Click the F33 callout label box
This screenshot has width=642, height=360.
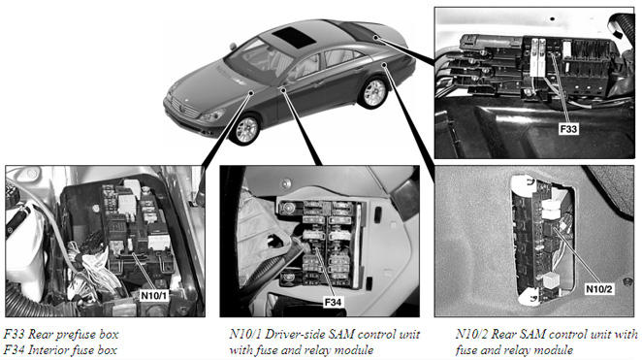coord(568,129)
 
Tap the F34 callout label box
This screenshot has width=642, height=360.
coord(333,302)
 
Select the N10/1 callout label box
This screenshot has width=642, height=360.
coord(154,295)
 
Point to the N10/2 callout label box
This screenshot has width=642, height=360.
coord(599,289)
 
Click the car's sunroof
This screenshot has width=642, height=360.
coord(294,37)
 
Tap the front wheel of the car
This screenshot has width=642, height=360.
coord(246,129)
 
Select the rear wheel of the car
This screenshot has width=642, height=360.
coord(373,92)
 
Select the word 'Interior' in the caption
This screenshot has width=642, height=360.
coord(48,350)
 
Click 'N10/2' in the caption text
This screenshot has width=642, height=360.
coord(471,334)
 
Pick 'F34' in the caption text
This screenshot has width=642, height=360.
coord(14,350)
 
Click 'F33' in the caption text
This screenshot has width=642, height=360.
coord(14,334)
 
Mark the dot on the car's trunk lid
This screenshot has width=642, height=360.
coord(375,38)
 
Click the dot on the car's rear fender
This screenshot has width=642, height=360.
coord(384,64)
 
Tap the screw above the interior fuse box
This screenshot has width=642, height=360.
coord(287,181)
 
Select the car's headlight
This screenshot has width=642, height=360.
coord(213,115)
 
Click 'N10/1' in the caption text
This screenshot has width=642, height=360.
coord(244,334)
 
